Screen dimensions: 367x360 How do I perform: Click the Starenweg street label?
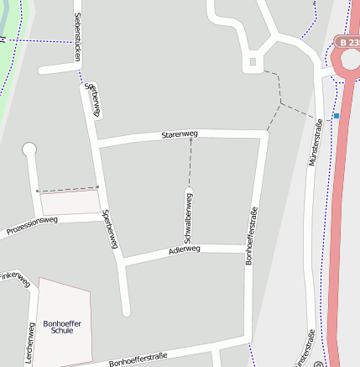[x=179, y=134]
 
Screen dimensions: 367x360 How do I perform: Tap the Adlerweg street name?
[x=184, y=249]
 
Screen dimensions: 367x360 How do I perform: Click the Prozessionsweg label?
[x=32, y=225]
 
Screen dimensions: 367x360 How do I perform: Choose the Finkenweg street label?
[x=13, y=276]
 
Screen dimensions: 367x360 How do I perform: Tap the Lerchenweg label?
[x=29, y=343]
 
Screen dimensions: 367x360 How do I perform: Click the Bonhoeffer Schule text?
[x=62, y=326]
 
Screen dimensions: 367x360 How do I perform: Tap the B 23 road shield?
[x=347, y=41]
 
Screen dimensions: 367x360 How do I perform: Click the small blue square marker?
[x=337, y=115]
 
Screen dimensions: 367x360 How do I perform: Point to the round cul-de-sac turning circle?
[x=30, y=150]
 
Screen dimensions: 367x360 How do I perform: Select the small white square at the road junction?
[x=253, y=62]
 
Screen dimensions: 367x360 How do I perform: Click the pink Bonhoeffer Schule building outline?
[x=64, y=302]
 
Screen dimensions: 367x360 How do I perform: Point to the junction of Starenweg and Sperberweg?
[x=99, y=144]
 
